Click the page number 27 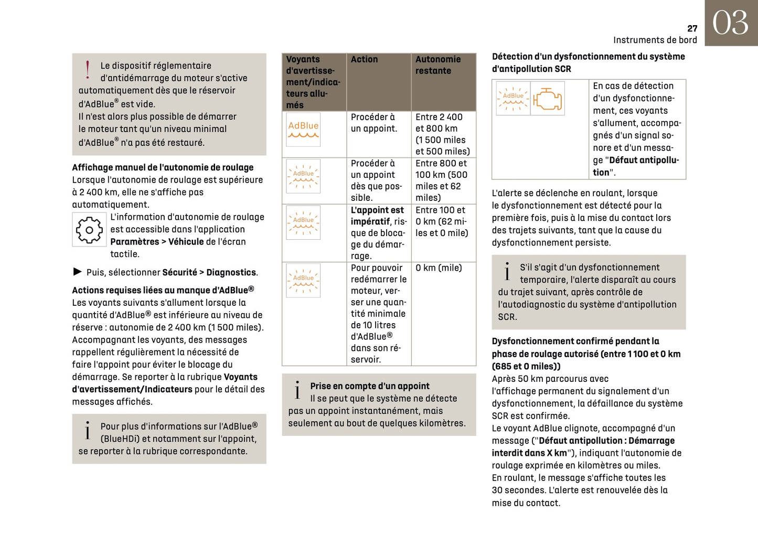coord(692,28)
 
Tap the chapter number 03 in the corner coord(730,23)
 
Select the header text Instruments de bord coord(655,40)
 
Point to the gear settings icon coord(89,230)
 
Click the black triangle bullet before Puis coord(78,272)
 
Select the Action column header coord(364,59)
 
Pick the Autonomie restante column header coord(437,65)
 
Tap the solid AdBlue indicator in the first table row coord(303,129)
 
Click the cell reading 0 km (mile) coord(439,268)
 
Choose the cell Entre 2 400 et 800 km coord(442,134)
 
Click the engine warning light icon coord(547,98)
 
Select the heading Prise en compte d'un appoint coord(369,386)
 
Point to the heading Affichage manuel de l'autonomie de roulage coord(163,167)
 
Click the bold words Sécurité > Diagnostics coord(209,272)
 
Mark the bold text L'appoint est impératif coord(377,216)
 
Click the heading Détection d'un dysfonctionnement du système coord(588,57)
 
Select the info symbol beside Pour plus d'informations coord(88,431)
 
